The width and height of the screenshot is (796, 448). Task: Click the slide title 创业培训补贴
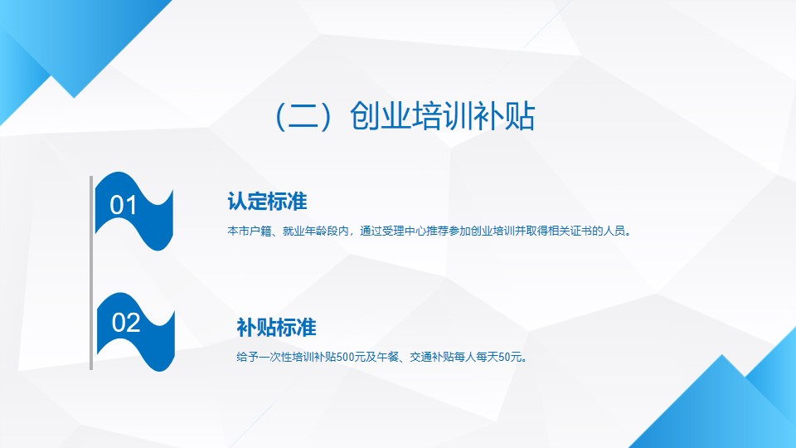pyautogui.click(x=442, y=116)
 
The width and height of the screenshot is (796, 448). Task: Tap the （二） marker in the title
pyautogui.click(x=303, y=116)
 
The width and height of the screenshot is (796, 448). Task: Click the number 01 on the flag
pyautogui.click(x=123, y=205)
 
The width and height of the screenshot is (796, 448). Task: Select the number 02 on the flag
pyautogui.click(x=125, y=323)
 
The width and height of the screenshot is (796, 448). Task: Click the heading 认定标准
pyautogui.click(x=267, y=201)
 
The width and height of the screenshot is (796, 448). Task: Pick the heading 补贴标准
pyautogui.click(x=276, y=328)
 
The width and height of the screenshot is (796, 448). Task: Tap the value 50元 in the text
pyautogui.click(x=510, y=357)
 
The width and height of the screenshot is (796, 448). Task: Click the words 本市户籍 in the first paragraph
pyautogui.click(x=250, y=231)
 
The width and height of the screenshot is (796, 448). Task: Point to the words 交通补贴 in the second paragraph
pyautogui.click(x=431, y=357)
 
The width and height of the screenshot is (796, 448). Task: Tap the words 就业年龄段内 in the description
pyautogui.click(x=316, y=231)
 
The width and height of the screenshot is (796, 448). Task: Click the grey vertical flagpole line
pyautogui.click(x=91, y=273)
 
